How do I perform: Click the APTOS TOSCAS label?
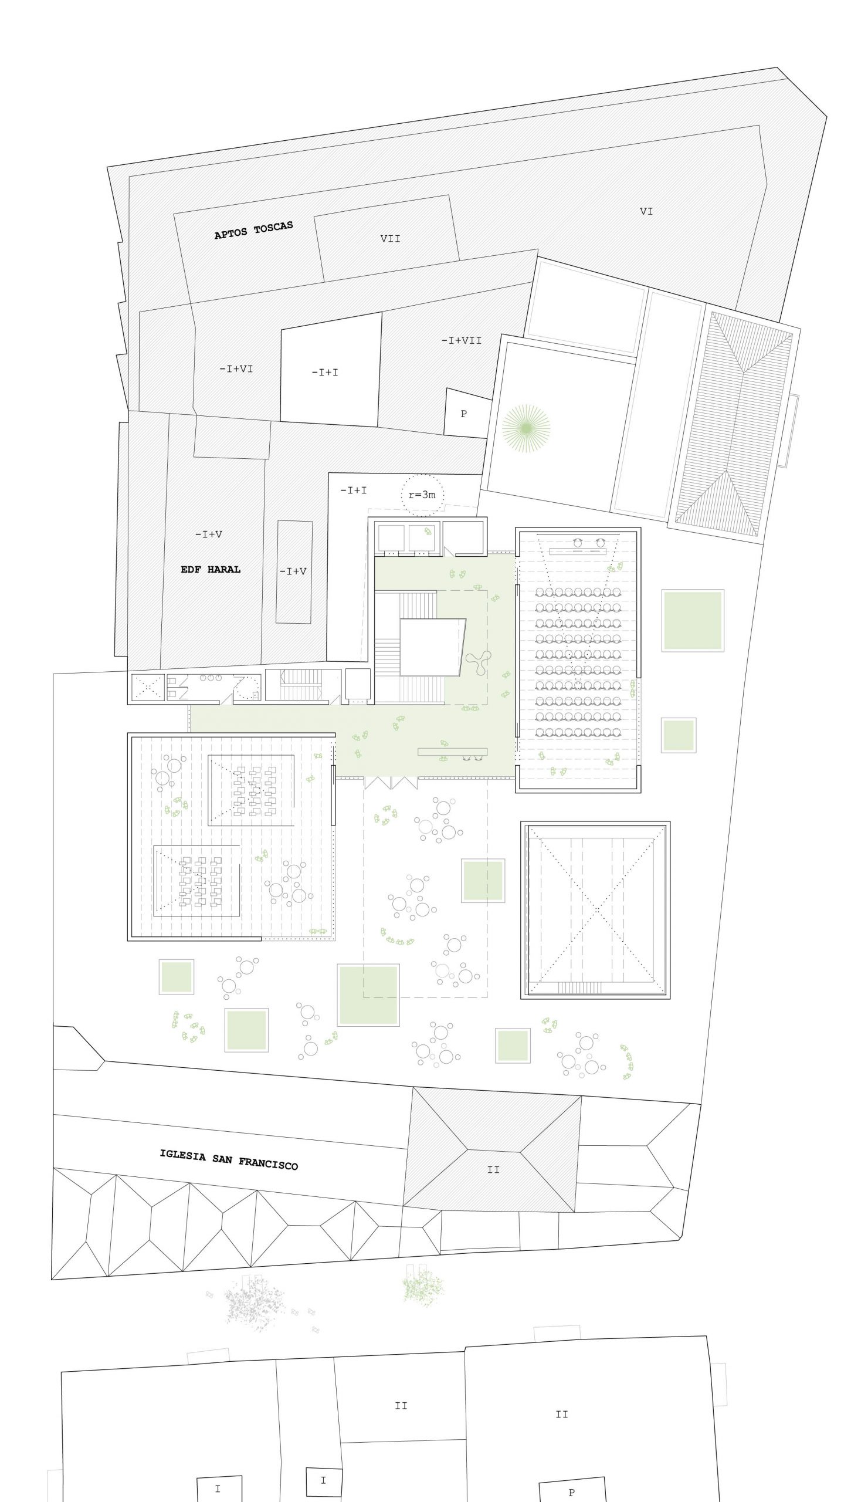[x=253, y=230]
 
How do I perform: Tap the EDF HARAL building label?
[x=211, y=569]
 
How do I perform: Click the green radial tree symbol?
[x=527, y=428]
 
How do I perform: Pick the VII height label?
[x=391, y=238]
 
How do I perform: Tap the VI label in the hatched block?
[x=646, y=211]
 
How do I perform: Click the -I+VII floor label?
[x=462, y=340]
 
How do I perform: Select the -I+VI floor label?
[x=236, y=368]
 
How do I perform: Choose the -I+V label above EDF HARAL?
[x=209, y=535]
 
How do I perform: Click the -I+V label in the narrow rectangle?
[x=293, y=571]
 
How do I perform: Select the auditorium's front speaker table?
[x=578, y=551]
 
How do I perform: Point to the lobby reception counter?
[x=452, y=752]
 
